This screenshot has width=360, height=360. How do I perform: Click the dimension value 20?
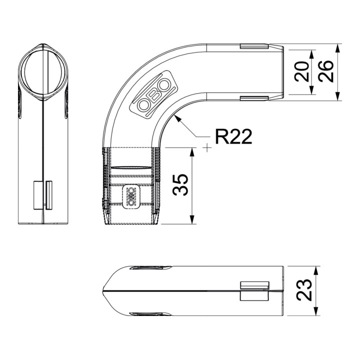[301, 71]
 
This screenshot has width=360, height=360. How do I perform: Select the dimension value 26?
[326, 71]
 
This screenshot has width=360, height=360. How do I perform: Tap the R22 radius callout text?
[233, 136]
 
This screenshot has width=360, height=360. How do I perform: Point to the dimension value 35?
[180, 185]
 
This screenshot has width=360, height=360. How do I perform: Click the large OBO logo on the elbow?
[154, 95]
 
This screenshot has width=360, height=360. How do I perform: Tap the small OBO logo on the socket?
[131, 196]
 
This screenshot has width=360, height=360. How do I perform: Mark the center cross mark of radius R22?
[207, 147]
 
